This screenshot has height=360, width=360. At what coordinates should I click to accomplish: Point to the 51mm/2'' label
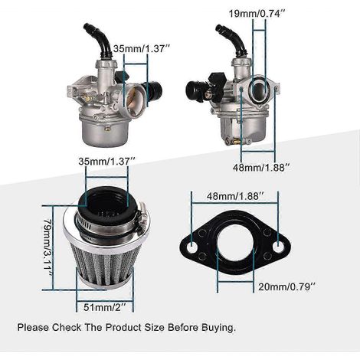105,307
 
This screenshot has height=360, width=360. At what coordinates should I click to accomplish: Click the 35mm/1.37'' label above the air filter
106,162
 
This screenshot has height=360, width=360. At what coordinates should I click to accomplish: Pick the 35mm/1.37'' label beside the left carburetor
142,48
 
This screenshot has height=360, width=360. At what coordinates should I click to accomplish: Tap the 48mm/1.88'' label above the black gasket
235,196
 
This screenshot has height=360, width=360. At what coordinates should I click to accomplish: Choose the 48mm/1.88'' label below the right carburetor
262,168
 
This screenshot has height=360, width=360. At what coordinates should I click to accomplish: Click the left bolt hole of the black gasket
191,247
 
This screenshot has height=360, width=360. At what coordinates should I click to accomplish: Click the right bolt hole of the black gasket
278,247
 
